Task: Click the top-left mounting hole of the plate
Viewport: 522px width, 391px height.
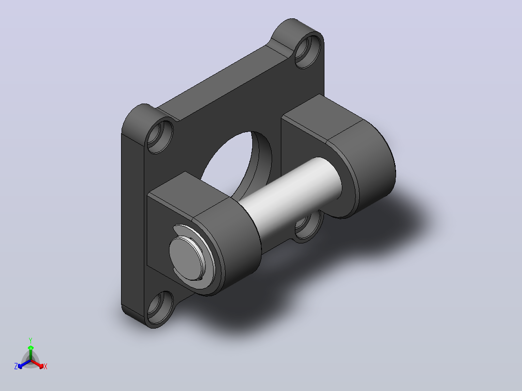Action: point(160,136)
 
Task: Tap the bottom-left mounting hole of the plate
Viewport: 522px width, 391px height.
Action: point(160,308)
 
